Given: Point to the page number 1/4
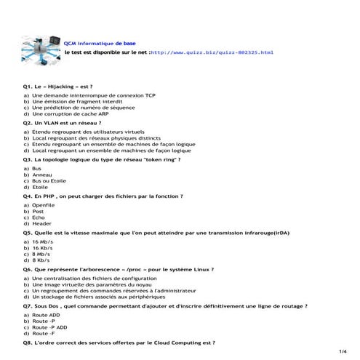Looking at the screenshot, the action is (343, 351).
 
